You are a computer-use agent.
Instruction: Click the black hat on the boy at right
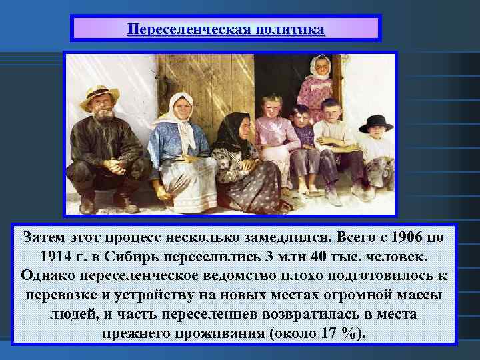click(375, 123)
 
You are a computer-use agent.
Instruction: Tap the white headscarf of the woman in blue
click(180, 110)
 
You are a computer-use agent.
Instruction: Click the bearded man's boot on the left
click(87, 203)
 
